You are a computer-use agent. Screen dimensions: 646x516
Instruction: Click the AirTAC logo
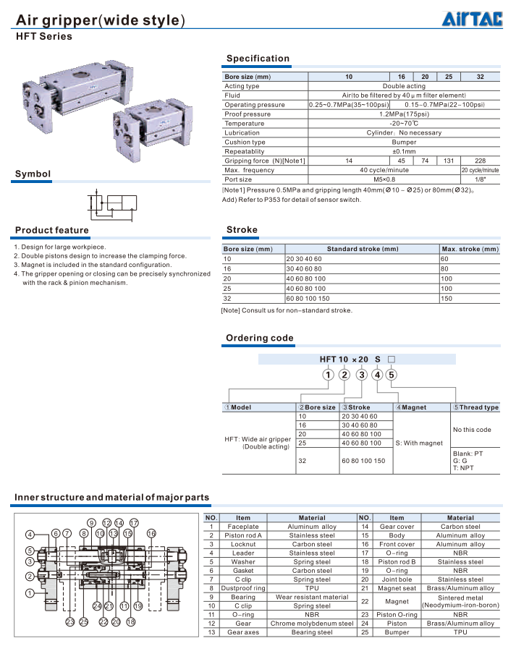click(472, 20)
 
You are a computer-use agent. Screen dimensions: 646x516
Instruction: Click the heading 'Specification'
click(258, 59)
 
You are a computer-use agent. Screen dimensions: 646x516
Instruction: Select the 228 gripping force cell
click(480, 161)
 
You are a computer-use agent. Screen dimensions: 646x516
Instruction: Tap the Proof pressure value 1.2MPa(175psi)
click(404, 114)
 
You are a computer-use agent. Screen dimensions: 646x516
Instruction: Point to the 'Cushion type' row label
click(245, 143)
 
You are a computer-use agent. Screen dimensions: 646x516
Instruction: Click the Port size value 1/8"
click(480, 179)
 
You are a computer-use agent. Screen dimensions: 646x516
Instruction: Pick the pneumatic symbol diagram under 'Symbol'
click(112, 205)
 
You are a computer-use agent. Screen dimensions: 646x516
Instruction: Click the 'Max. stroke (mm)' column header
click(470, 250)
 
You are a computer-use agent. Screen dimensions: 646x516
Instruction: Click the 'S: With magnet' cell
click(419, 443)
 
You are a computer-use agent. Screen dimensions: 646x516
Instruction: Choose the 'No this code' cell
click(472, 430)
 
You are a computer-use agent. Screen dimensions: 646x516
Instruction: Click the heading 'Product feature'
click(52, 231)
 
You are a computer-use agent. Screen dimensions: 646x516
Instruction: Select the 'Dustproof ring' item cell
click(243, 588)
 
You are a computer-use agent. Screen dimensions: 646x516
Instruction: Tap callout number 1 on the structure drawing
click(30, 593)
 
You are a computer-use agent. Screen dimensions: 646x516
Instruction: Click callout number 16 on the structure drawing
click(151, 533)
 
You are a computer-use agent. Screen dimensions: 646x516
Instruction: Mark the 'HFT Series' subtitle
click(44, 36)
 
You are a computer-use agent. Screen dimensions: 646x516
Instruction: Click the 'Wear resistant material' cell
click(312, 597)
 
